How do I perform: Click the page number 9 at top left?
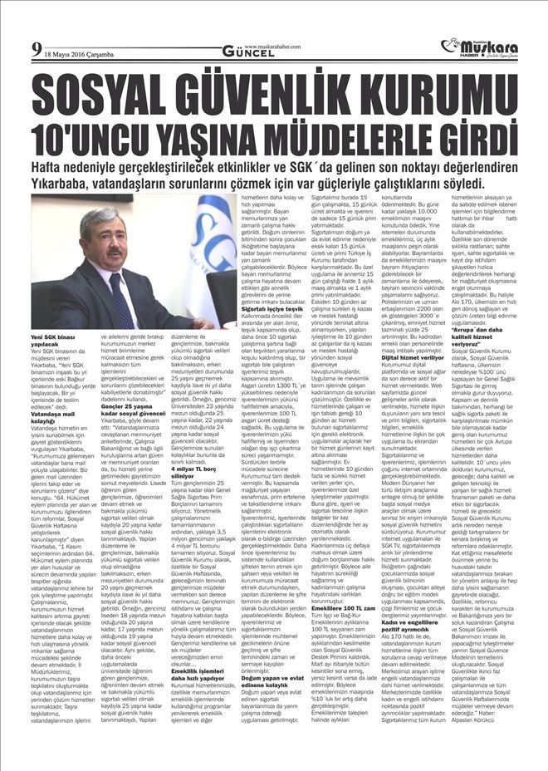pos(37,47)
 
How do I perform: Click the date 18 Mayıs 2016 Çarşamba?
pos(82,51)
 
